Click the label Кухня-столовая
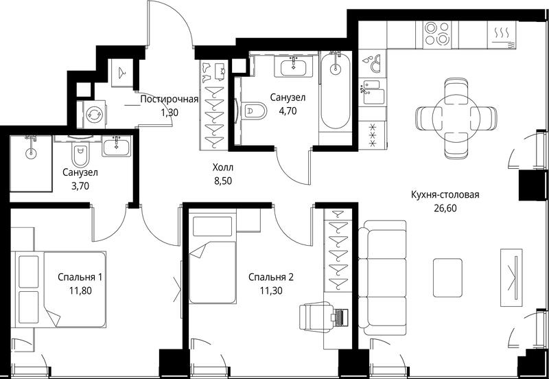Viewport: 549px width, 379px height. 445,195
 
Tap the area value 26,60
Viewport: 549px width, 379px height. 445,209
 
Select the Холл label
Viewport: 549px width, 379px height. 222,168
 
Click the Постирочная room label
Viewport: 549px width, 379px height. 170,100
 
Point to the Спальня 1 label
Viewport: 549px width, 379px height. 80,277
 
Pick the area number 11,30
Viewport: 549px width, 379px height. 271,290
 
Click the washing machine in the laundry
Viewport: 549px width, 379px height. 94,115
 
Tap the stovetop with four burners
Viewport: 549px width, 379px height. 436,34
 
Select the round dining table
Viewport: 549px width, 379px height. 455,117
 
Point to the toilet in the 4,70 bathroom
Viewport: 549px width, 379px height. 254,111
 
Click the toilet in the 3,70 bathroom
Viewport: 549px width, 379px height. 80,153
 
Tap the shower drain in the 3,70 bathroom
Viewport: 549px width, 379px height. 30,152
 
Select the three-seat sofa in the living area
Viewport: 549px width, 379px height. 383,277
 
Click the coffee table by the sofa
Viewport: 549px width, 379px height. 447,278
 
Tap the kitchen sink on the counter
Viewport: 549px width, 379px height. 372,93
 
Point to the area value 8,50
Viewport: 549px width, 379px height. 222,181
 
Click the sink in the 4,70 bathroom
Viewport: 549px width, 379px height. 294,66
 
